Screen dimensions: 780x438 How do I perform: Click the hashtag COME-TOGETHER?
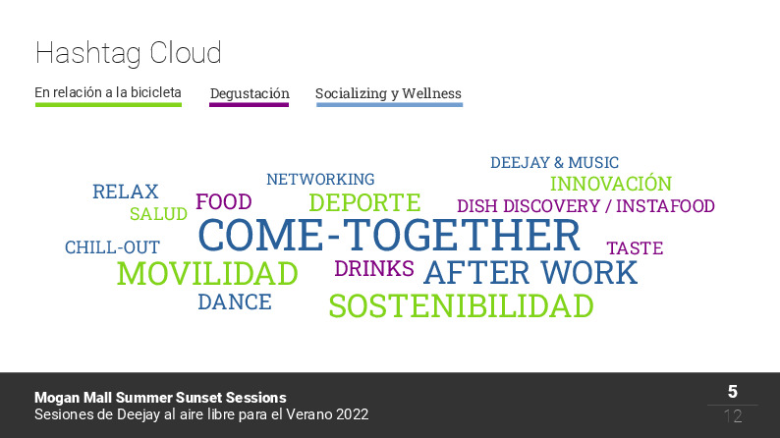click(x=389, y=235)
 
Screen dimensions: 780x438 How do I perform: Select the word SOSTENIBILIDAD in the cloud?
click(x=461, y=305)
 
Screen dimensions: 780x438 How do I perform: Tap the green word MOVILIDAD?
click(x=207, y=273)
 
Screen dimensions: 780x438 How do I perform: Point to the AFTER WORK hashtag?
click(x=530, y=272)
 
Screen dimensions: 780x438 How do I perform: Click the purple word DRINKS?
click(x=374, y=268)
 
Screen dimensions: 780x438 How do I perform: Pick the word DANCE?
click(x=235, y=302)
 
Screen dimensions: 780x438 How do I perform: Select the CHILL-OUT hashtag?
click(x=112, y=247)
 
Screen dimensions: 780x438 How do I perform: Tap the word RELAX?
click(x=126, y=192)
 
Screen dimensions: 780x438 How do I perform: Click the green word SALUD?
click(x=158, y=214)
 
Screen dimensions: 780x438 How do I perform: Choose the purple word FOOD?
click(x=224, y=202)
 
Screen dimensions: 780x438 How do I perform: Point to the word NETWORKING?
click(x=320, y=179)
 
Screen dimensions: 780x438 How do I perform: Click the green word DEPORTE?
click(x=364, y=202)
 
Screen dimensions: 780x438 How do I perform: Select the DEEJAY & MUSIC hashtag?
click(x=555, y=163)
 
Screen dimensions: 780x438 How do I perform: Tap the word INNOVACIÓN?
click(x=611, y=183)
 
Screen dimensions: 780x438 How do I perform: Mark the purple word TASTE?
click(x=635, y=247)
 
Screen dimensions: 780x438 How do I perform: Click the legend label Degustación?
click(x=250, y=93)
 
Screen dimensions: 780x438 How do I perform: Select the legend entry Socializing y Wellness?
click(x=388, y=93)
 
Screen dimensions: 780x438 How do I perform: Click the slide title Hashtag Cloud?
click(x=129, y=53)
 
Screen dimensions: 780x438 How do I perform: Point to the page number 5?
click(x=733, y=392)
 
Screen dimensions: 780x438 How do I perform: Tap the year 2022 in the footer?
click(x=353, y=414)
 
